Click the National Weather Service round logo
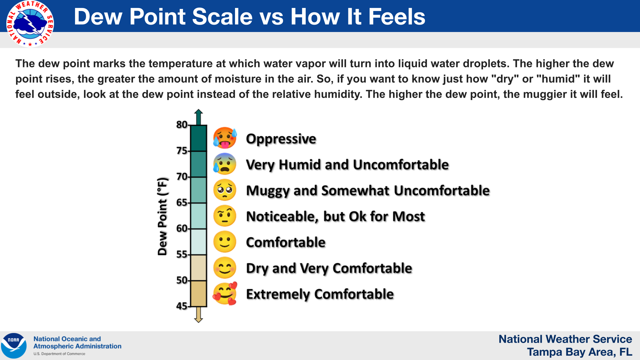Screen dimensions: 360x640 pos(30,24)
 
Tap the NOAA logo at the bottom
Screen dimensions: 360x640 pos(14,346)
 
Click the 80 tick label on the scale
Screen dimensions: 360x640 pos(182,125)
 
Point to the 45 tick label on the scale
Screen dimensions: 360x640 pos(182,306)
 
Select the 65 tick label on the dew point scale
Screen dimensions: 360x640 pos(182,202)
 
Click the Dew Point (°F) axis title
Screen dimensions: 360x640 pos(162,216)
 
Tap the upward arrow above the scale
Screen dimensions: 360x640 pos(199,116)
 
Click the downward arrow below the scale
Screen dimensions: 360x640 pos(199,315)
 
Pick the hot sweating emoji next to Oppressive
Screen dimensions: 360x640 pos(225,138)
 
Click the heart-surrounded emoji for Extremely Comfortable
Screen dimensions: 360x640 pos(225,294)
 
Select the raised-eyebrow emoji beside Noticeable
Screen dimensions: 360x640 pos(225,216)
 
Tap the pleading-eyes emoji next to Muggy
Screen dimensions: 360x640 pos(225,190)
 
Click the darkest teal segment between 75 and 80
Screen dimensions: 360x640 pos(199,138)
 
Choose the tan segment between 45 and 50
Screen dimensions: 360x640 pos(199,293)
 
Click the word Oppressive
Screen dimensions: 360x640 pos(281,139)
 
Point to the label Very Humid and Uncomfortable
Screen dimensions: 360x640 pos(347,165)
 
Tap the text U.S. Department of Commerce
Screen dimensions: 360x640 pos(59,354)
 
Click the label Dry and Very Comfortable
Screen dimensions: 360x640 pos(329,268)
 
